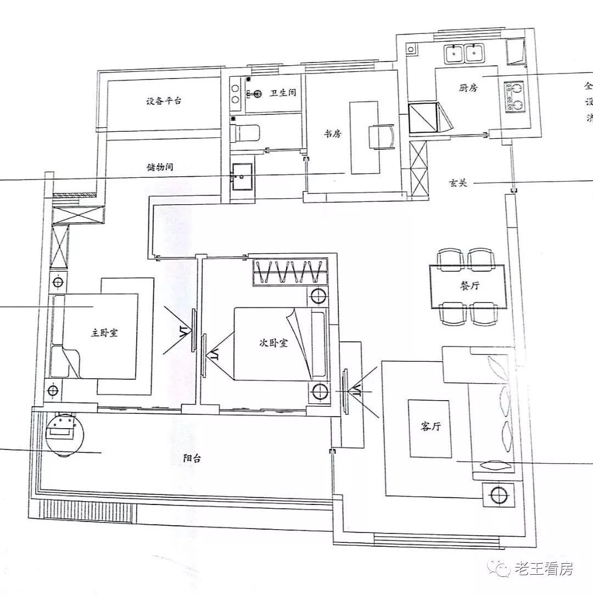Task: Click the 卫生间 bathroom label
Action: tap(282, 93)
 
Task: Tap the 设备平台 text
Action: tap(164, 101)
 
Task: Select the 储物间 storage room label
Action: tap(160, 166)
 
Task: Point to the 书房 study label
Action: tap(333, 133)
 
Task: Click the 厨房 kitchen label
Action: tap(467, 87)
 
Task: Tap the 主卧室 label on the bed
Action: tap(104, 333)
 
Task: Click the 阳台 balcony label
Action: tap(192, 459)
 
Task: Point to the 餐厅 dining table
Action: tap(467, 287)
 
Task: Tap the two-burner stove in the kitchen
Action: tap(514, 97)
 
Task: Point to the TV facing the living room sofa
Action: tap(346, 390)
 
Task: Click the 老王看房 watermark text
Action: tap(543, 569)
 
